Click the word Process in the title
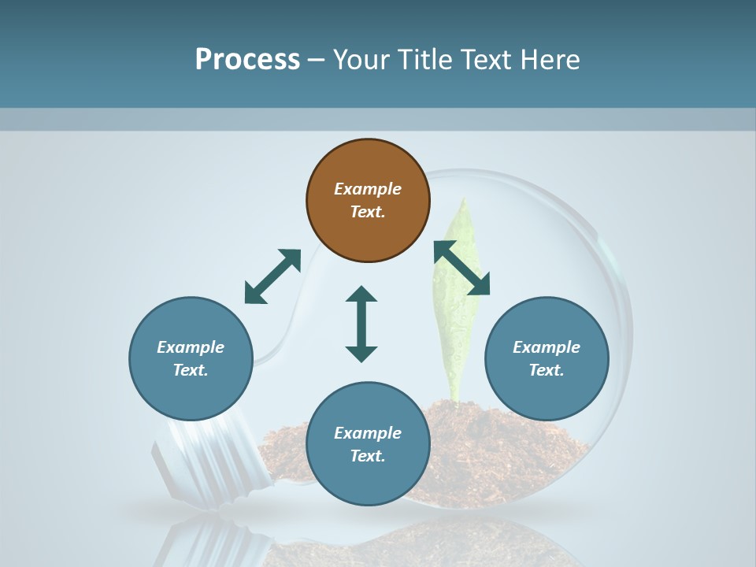[247, 60]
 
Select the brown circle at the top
[368, 200]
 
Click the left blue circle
[191, 358]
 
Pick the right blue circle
[547, 358]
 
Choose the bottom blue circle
[368, 443]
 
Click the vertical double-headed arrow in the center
[361, 324]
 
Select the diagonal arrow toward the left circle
[272, 276]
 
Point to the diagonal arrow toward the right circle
[462, 269]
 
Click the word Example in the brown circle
[368, 189]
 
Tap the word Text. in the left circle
[191, 370]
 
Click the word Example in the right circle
[547, 347]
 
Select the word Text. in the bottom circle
[368, 456]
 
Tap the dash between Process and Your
[317, 60]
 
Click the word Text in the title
[486, 60]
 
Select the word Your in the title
[360, 60]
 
